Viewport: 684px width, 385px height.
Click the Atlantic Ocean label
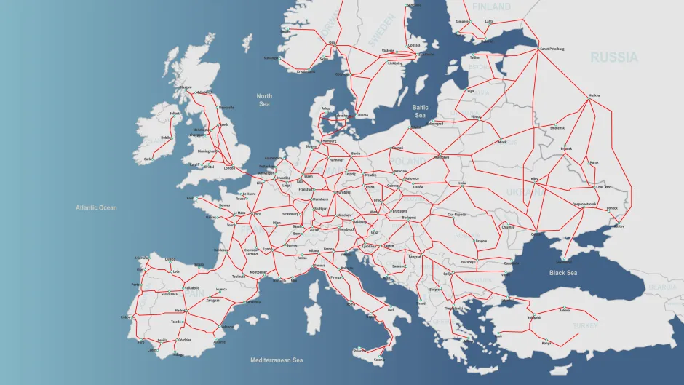96,208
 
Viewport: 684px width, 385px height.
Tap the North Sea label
264,100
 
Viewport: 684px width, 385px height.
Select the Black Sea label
563,272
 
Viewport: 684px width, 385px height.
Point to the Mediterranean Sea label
277,360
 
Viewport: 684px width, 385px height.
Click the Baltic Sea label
420,111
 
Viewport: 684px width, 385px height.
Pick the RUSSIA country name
613,57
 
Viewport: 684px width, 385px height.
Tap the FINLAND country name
491,7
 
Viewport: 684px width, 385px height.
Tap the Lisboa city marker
131,317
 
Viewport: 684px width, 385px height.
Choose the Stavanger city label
271,58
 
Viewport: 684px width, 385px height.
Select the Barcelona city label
252,301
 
